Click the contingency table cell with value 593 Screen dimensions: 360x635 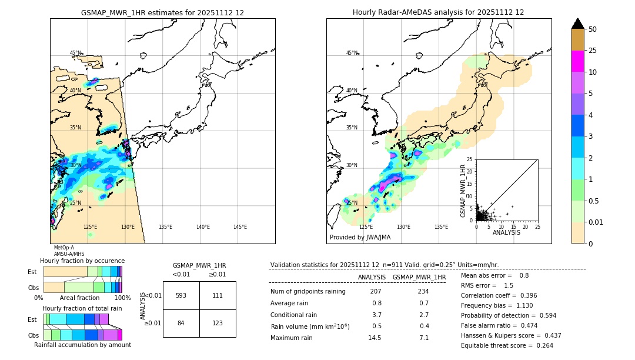(x=181, y=295)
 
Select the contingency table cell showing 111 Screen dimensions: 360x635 (x=218, y=295)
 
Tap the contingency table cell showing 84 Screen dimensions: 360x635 (x=181, y=324)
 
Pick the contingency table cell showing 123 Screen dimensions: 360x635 (x=218, y=324)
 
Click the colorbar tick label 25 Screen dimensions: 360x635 (x=593, y=51)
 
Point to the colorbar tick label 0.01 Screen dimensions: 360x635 (x=597, y=222)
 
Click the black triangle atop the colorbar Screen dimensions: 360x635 (x=577, y=24)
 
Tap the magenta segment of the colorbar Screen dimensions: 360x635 (x=577, y=61)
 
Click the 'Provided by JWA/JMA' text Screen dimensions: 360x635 (x=360, y=238)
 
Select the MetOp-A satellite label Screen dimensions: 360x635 (x=64, y=248)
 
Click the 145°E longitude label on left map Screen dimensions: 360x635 (x=240, y=227)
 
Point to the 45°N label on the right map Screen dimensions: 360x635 (x=352, y=53)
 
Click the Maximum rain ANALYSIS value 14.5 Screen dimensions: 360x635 (x=375, y=338)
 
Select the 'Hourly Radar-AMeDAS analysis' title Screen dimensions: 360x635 (x=438, y=12)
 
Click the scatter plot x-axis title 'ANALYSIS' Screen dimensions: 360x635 (x=506, y=233)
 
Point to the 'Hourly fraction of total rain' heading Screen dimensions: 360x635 (x=82, y=308)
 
